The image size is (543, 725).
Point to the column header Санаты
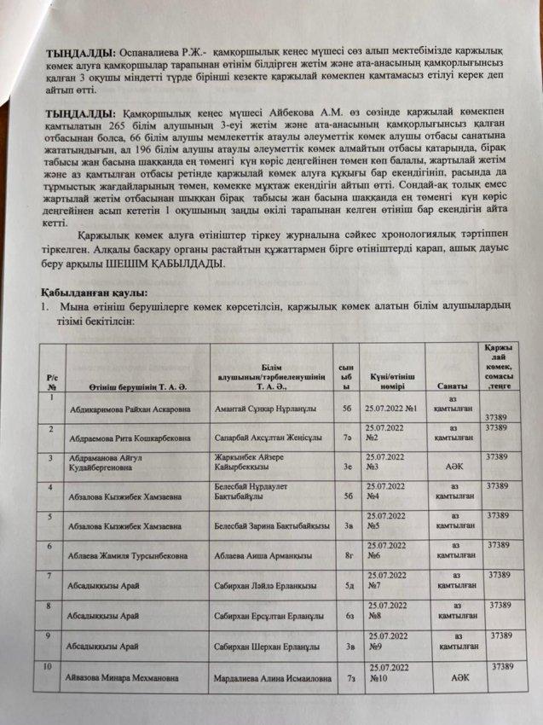[452, 385]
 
